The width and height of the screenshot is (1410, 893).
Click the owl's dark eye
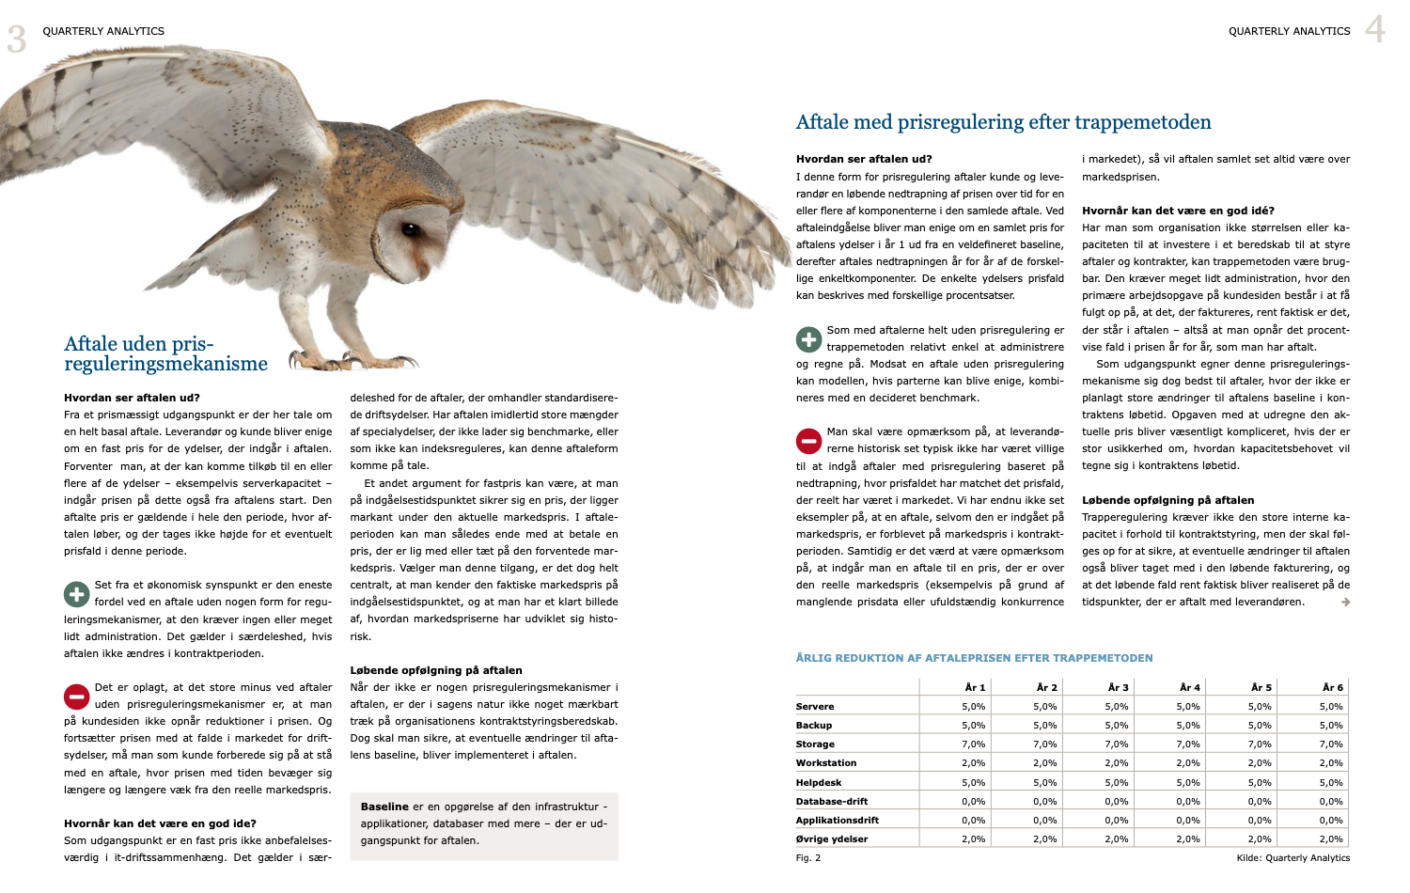point(412,228)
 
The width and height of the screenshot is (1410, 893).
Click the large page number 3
point(17,39)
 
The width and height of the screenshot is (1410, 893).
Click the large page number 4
point(1375,30)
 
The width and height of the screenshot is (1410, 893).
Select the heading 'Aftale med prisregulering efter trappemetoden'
point(1003,122)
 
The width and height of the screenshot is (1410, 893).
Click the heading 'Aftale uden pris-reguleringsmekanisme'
point(165,353)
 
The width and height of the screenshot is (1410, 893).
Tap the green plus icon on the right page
point(808,339)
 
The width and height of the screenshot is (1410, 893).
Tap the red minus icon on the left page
point(76,697)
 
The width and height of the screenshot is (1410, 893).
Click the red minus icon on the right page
point(808,441)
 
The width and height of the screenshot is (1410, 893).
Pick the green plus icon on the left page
point(76,594)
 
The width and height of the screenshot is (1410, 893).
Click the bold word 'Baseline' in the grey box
point(384,807)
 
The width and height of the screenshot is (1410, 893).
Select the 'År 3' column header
point(1118,687)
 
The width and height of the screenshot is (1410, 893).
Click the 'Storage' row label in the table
point(815,744)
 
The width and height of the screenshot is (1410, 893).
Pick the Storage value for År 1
point(973,744)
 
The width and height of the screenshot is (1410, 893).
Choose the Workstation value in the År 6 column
point(1330,763)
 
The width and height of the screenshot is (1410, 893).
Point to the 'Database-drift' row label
point(831,802)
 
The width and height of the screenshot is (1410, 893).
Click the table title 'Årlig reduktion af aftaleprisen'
point(974,658)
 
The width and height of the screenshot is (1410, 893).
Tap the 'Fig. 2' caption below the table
point(808,857)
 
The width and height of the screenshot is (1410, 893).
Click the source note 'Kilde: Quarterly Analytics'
point(1292,857)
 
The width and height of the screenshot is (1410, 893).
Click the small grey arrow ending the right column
point(1345,603)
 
